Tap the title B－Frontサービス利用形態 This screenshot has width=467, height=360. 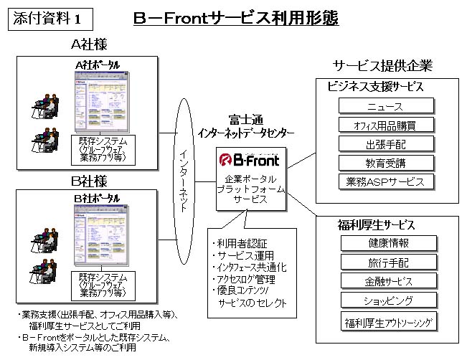click(x=236, y=19)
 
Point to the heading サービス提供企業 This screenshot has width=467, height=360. click(x=382, y=66)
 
